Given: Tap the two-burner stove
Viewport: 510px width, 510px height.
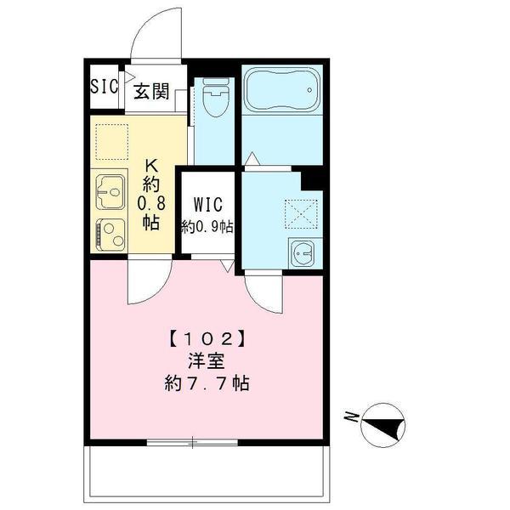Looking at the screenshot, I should point(110,234).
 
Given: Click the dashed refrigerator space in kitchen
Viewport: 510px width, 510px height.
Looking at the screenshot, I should point(110,141).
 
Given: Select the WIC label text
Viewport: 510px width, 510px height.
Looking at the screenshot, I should point(207,205).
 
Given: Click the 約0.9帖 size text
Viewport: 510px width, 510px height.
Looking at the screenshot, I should point(207,227).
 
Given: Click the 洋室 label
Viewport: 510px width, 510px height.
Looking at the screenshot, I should point(206,360).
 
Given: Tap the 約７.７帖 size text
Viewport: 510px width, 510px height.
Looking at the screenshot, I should point(207,383).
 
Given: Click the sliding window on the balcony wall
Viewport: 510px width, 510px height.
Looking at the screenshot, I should point(192,441).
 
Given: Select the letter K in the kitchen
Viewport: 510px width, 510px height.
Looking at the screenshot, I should point(151,166).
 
